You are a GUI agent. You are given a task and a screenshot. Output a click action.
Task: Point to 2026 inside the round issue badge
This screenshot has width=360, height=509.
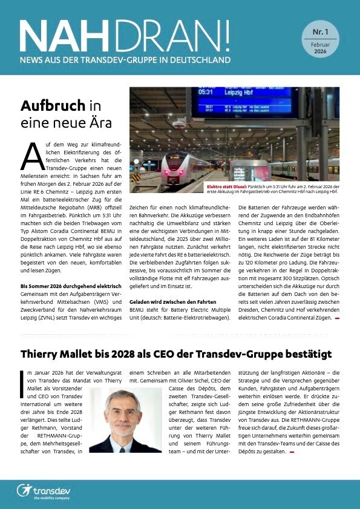tap(320, 53)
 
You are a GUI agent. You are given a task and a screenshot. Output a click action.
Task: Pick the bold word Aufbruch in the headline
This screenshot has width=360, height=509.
tap(52, 105)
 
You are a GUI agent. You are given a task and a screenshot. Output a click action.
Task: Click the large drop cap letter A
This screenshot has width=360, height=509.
tap(31, 157)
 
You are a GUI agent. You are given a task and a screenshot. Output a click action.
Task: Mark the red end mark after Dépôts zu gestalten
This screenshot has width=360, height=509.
tap(292, 452)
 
